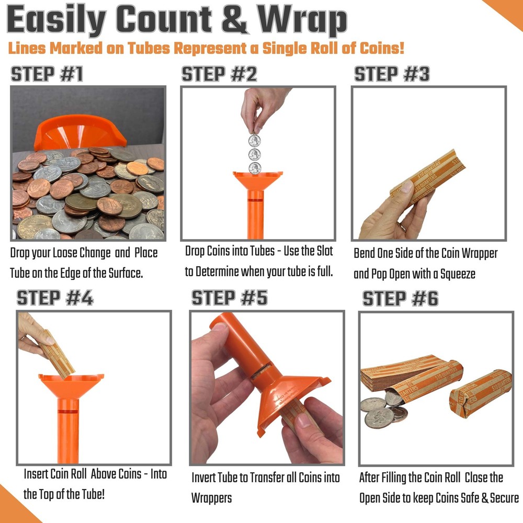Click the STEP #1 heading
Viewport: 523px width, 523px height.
[47, 74]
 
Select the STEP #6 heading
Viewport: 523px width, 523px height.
[401, 299]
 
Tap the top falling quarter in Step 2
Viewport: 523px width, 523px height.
[254, 140]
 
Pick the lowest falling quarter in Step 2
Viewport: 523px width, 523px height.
[255, 168]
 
